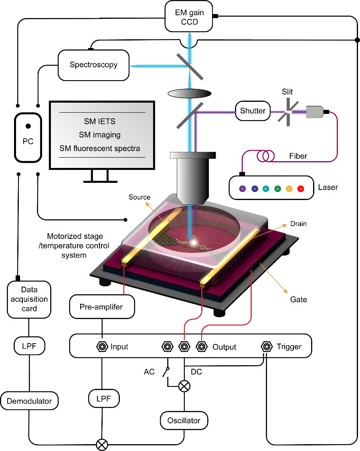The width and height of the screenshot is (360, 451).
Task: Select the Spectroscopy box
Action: [x=93, y=65]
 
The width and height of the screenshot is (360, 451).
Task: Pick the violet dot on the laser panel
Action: [x=242, y=188]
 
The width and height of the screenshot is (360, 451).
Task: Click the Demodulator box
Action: [x=29, y=400]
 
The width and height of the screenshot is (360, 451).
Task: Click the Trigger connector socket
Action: [x=265, y=346]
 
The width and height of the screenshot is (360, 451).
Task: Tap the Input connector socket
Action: [x=102, y=346]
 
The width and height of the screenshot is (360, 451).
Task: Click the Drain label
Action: [x=298, y=224]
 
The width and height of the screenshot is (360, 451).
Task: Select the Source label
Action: [x=140, y=197]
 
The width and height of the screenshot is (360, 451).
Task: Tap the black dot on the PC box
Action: [x=28, y=126]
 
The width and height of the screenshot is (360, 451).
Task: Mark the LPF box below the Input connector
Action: [x=102, y=400]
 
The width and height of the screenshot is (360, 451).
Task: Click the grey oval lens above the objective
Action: [x=189, y=94]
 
